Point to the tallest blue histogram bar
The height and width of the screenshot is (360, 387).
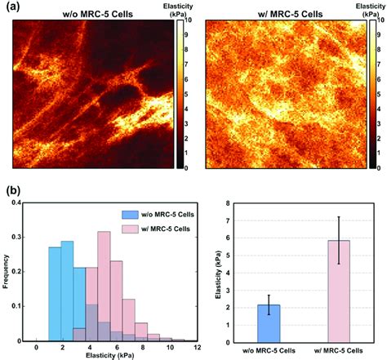click(67, 290)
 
